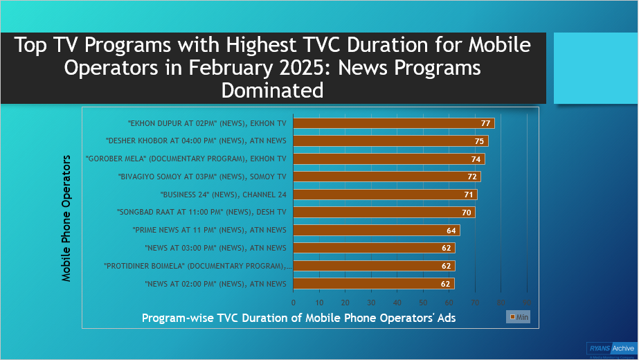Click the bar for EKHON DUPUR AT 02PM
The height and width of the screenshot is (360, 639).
(393, 123)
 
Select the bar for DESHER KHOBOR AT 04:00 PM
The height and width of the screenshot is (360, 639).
(390, 141)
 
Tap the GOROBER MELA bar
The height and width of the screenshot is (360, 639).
(389, 159)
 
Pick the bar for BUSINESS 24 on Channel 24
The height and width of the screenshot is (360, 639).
(385, 195)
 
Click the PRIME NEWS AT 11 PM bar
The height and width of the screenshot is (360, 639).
(376, 230)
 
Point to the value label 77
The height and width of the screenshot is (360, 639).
(486, 123)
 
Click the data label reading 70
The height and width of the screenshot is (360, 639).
(467, 213)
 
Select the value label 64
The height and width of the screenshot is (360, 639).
(452, 230)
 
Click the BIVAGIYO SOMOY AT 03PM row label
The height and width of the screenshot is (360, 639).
(201, 177)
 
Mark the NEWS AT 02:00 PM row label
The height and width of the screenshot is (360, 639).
(215, 284)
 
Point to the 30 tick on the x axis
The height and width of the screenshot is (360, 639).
(371, 303)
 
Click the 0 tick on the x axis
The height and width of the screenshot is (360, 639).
(294, 303)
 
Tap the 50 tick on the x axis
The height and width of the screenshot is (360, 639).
(423, 303)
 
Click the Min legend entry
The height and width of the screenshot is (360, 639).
(519, 316)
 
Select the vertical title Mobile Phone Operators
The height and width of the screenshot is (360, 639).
(67, 217)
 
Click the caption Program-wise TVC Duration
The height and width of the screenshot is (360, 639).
(298, 317)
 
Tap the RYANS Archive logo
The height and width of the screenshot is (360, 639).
(610, 349)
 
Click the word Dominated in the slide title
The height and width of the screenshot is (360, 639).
(272, 90)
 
